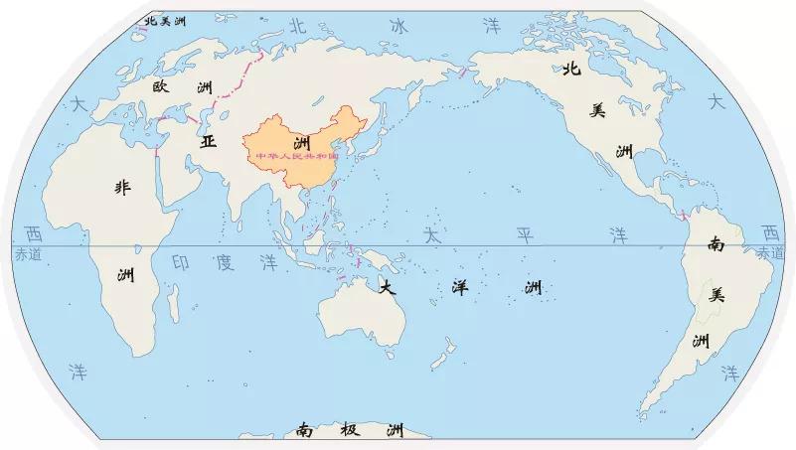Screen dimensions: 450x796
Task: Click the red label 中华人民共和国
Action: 297,157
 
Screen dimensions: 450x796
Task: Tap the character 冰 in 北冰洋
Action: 398,25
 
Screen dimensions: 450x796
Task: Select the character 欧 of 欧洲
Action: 162,87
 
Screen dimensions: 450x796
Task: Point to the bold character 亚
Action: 208,141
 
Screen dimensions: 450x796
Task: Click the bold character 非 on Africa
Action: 122,187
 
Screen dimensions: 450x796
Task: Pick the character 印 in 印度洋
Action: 182,263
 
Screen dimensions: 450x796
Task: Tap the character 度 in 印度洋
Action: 225,263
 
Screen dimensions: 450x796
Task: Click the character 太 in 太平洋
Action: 431,236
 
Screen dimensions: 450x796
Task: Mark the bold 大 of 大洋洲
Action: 388,288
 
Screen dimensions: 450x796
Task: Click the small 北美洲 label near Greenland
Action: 166,21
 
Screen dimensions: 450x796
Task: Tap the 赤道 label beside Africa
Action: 30,255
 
